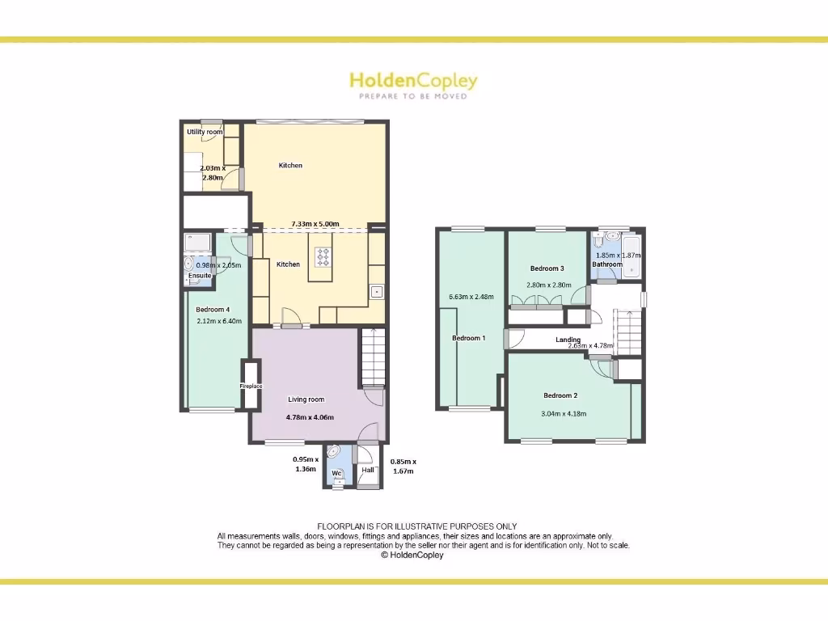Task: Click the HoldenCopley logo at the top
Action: [x=413, y=83]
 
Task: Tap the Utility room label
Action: [x=205, y=132]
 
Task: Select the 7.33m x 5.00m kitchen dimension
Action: [x=315, y=224]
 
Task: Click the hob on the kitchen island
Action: [x=323, y=257]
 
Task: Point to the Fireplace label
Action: [x=251, y=387]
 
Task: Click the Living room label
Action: [x=306, y=399]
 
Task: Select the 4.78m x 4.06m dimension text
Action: [x=310, y=417]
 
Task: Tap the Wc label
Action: [x=337, y=472]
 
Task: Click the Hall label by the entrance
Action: [x=368, y=470]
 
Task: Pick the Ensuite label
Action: [x=200, y=276]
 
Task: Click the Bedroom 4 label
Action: [x=213, y=309]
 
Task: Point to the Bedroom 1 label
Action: [x=468, y=338]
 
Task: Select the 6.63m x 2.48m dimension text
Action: [x=471, y=296]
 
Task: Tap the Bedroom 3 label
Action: [x=547, y=268]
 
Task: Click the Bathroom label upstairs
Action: [x=607, y=264]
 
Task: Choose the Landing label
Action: [x=568, y=340]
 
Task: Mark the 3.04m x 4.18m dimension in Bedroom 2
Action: [x=564, y=413]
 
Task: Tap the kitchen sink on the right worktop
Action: [x=376, y=291]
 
